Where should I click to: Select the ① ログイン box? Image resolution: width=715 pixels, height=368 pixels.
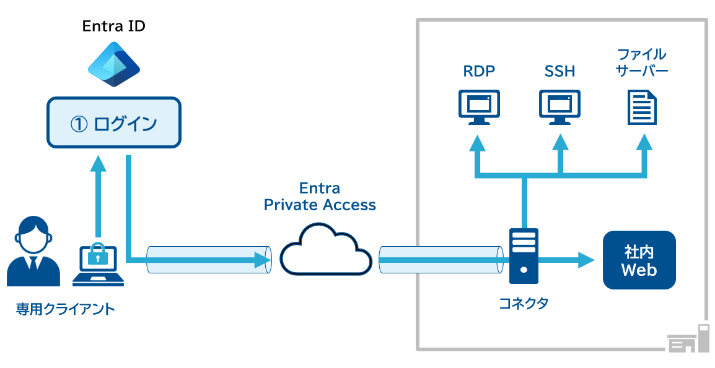(114, 122)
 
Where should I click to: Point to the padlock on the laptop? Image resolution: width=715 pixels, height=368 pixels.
(98, 254)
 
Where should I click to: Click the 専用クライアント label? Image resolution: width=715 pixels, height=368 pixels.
(66, 309)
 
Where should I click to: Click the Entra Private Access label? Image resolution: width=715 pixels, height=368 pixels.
(320, 196)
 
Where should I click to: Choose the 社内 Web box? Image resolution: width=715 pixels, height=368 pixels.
(639, 260)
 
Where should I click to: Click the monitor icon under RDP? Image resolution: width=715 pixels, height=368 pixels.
(479, 106)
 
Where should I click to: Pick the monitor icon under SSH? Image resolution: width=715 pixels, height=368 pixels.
(559, 106)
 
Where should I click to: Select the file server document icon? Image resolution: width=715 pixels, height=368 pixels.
(641, 106)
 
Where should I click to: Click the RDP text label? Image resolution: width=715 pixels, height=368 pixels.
(479, 71)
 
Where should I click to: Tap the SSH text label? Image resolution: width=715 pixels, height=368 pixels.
(559, 71)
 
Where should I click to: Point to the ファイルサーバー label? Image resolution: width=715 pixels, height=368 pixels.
(641, 62)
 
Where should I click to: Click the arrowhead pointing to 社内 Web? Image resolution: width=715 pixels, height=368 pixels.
(586, 260)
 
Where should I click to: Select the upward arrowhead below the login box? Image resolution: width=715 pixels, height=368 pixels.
(98, 163)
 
